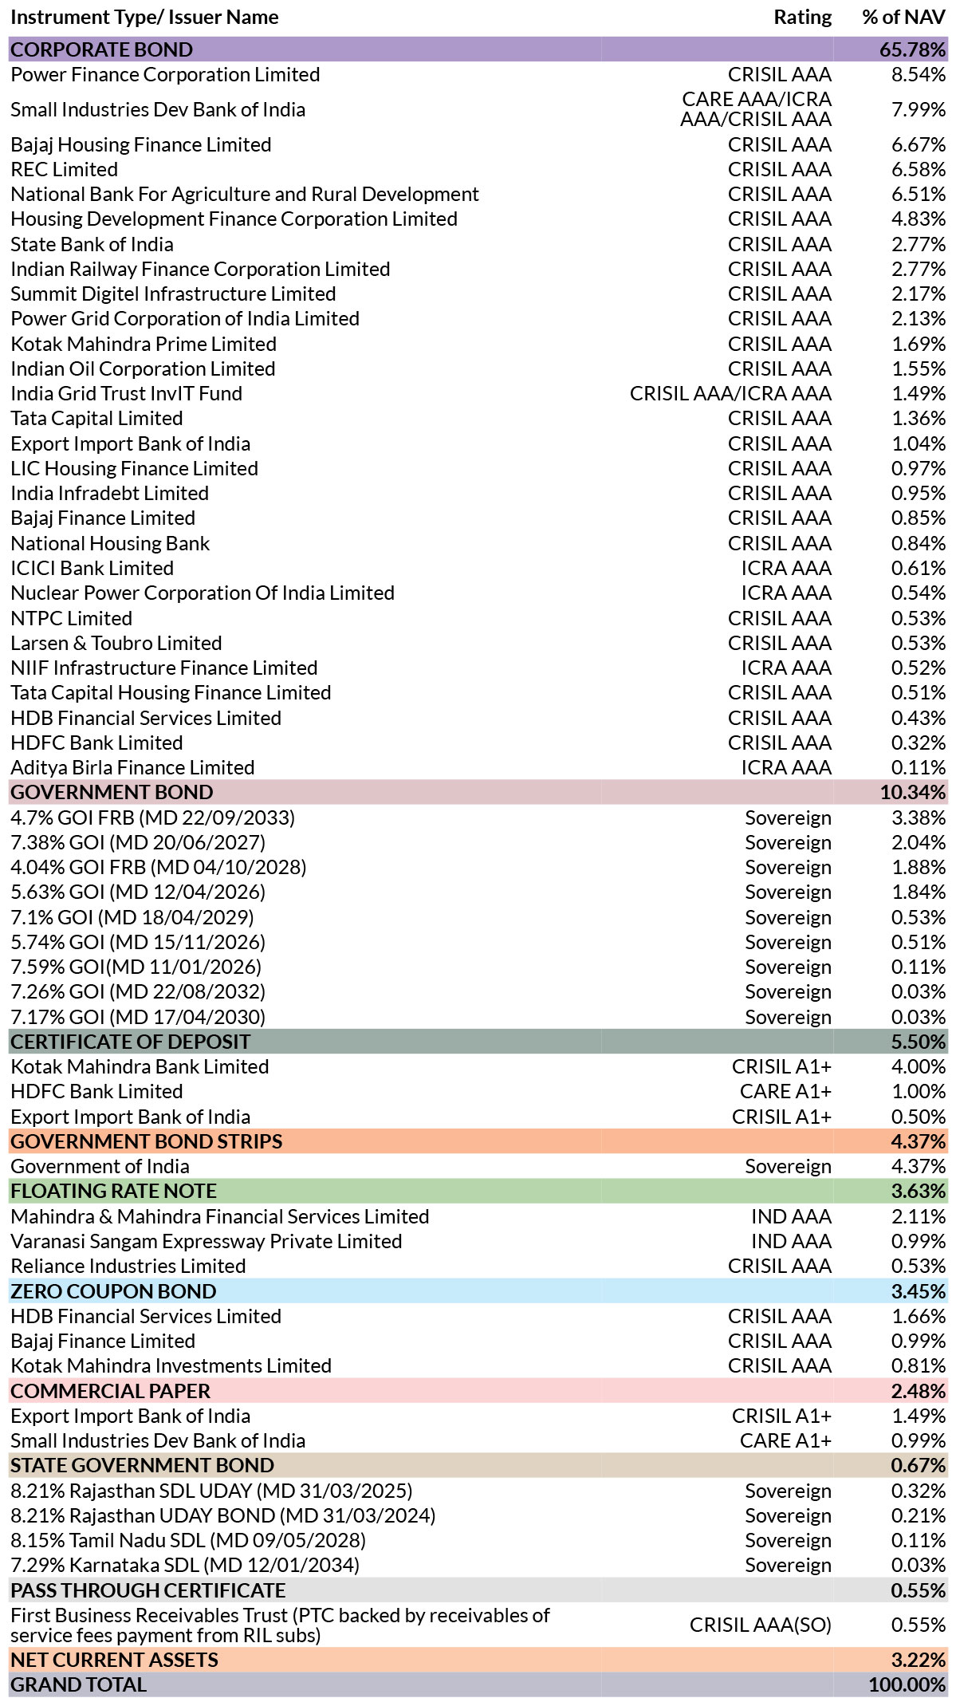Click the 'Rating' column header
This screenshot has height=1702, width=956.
coord(802,18)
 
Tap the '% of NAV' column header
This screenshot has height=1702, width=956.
coord(904,18)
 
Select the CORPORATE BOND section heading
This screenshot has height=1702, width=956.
coord(101,49)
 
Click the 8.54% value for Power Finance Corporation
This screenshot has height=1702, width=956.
coord(919,74)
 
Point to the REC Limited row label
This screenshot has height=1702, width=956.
coord(64,169)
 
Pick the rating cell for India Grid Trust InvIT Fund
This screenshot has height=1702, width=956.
coord(730,393)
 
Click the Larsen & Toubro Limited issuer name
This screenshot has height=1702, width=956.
coord(116,643)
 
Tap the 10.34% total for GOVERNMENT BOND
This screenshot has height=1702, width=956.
coord(913,792)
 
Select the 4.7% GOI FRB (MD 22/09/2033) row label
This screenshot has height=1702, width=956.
coord(153,818)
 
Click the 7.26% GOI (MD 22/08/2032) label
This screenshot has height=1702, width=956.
coord(138,991)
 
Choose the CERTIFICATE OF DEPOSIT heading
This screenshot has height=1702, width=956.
coord(131,1042)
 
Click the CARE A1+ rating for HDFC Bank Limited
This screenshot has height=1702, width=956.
coord(785,1091)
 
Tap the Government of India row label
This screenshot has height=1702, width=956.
coord(100,1166)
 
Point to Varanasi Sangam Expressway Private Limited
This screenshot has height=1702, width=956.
coord(207,1241)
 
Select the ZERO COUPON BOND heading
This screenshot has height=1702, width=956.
coord(113,1291)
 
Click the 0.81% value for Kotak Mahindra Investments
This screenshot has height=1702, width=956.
coord(919,1365)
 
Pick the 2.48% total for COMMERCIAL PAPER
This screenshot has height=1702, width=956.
coord(919,1391)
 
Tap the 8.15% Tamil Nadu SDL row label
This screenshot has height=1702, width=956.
coord(188,1540)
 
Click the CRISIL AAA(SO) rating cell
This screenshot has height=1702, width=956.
coord(761,1625)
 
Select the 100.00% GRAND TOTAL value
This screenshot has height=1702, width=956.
coord(907,1684)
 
